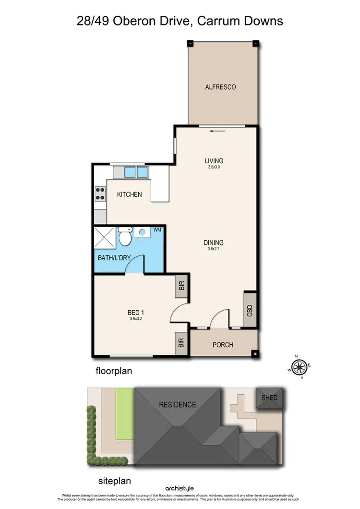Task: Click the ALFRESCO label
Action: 221,87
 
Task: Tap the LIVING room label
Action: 214,161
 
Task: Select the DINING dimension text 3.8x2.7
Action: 214,249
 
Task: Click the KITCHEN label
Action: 130,194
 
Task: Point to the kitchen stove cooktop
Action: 100,193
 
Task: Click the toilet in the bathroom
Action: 125,236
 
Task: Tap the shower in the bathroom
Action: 105,237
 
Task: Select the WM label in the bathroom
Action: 157,230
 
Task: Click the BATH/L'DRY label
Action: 114,258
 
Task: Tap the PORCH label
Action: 223,345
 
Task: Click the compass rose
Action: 300,367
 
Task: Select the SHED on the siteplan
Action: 269,398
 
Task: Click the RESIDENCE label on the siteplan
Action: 178,404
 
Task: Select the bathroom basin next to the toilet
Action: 141,233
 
